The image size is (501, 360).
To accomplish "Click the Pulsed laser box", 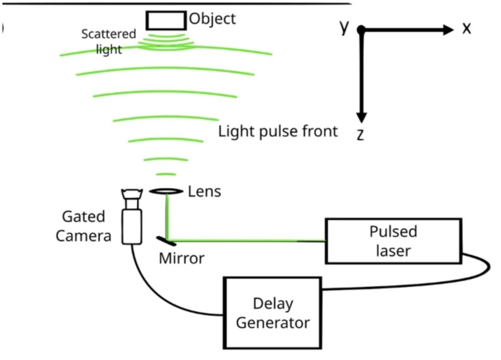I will (x=393, y=241).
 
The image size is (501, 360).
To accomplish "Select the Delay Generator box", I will (x=273, y=313).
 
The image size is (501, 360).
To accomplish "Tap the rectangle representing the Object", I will (x=166, y=20).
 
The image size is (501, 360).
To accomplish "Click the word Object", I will (x=212, y=19).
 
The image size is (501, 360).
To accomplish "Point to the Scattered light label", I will (x=109, y=42).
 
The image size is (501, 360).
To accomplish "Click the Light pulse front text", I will (x=278, y=131).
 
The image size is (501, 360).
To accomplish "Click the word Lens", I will (x=205, y=191).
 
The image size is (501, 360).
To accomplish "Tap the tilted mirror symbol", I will (x=167, y=241).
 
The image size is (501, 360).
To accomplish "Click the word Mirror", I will (x=182, y=258).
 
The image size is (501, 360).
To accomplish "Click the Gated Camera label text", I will (x=83, y=226).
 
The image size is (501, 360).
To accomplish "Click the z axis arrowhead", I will (x=361, y=117).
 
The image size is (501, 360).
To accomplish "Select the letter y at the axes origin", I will (x=344, y=28).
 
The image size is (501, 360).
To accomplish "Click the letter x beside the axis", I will (x=466, y=29).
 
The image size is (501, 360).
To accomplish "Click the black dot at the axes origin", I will (x=361, y=30).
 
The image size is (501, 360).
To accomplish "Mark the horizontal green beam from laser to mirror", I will (x=245, y=240).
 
